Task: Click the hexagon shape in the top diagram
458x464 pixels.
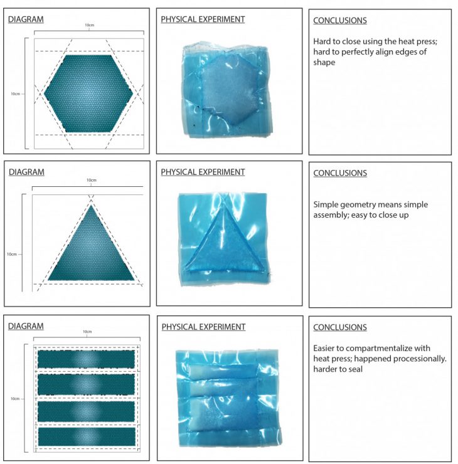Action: coord(88,93)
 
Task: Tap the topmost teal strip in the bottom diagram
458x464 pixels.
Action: coord(86,359)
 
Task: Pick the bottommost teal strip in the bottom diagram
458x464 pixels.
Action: coord(87,436)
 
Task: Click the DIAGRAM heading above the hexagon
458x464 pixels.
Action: coord(26,19)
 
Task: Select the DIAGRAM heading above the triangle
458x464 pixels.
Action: coord(26,172)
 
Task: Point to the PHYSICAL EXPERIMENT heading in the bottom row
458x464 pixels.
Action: coord(203,327)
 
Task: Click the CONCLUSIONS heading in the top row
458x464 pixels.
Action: coord(340,21)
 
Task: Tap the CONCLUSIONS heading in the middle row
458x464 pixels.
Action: coord(340,173)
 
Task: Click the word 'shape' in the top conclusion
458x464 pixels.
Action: coord(324,63)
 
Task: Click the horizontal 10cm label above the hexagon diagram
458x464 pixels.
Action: coord(90,25)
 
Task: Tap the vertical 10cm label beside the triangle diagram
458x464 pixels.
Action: coord(12,254)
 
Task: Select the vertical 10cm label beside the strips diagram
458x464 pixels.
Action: coord(15,399)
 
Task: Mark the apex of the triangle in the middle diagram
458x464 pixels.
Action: coord(91,205)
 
